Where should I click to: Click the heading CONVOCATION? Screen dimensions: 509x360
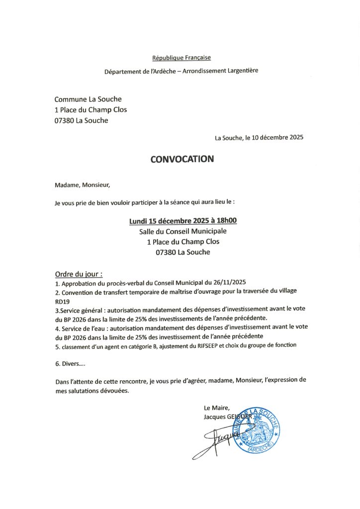[x=182, y=159]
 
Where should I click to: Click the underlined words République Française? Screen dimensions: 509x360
[x=181, y=58]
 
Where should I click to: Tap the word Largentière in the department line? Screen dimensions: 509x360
[x=241, y=71]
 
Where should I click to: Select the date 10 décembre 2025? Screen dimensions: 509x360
[x=278, y=137]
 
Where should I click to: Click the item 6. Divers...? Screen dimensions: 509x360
[x=70, y=364]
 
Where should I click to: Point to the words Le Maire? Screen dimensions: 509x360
[x=217, y=408]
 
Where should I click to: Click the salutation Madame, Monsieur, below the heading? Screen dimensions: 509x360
[x=82, y=185]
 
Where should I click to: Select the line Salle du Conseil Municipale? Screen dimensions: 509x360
[x=182, y=231]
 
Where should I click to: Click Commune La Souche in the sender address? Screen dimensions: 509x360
[x=88, y=99]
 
